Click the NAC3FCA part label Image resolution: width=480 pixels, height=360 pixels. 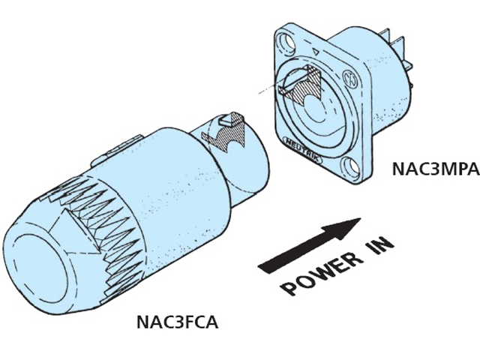click(178, 322)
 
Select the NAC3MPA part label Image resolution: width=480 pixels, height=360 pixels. click(436, 169)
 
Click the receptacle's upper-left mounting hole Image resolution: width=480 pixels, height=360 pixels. click(286, 41)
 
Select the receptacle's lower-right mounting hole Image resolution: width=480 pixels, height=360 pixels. click(351, 167)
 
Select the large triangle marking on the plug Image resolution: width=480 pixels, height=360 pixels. click(78, 229)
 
